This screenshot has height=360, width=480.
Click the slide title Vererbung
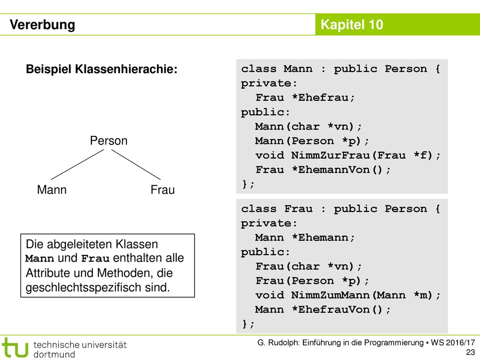(x=42, y=25)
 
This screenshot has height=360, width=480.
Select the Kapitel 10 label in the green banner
(x=352, y=24)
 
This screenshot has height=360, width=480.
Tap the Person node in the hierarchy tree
(x=109, y=141)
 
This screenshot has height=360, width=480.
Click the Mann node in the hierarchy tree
(x=52, y=189)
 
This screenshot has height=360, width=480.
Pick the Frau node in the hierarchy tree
(x=163, y=189)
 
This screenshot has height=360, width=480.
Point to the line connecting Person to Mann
(x=77, y=165)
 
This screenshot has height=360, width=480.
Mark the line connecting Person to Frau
(x=136, y=165)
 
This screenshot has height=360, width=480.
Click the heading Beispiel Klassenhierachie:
(x=102, y=69)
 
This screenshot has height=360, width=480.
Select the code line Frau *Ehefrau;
(x=305, y=97)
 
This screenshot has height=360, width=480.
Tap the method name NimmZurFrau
(x=330, y=155)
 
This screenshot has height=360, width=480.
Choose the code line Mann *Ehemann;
(x=305, y=238)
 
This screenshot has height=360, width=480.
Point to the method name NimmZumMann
(x=330, y=295)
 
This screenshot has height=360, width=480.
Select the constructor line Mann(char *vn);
(x=308, y=127)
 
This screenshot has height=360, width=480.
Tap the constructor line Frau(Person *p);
(x=312, y=281)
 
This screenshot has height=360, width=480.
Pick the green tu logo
(x=15, y=347)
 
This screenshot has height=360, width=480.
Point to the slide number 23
(x=471, y=352)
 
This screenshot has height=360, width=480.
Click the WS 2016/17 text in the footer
(x=453, y=343)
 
